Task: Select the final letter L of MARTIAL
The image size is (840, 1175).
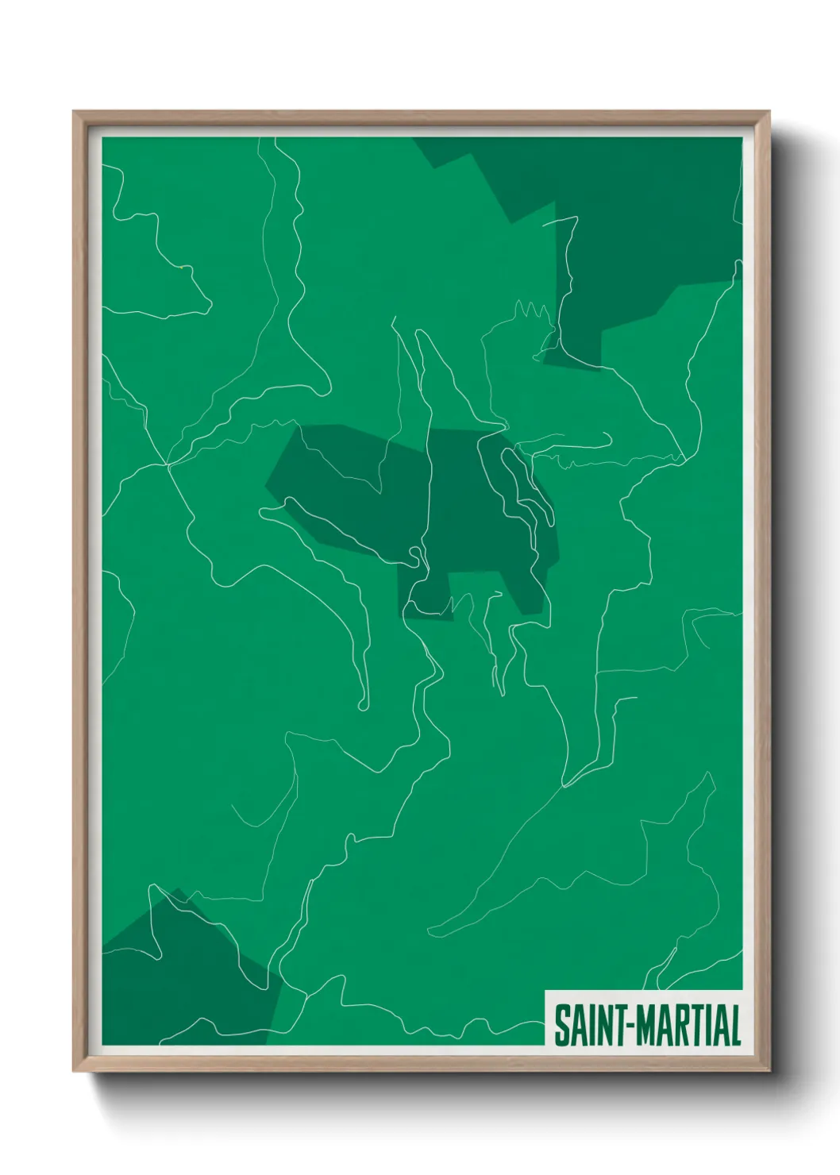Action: (735, 1026)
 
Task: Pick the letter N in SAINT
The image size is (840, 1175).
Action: (603, 1026)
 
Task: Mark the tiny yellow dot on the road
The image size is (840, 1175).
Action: (182, 268)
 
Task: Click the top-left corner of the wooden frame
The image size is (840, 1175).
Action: (75, 113)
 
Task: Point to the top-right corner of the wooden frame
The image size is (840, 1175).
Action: (769, 113)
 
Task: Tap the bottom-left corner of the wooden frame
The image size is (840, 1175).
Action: (75, 1070)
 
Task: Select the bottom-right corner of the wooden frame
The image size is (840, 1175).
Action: (769, 1070)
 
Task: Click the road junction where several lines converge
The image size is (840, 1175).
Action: (167, 464)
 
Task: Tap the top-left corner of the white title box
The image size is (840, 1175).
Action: (546, 991)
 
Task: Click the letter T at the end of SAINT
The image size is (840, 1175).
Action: (618, 1026)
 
